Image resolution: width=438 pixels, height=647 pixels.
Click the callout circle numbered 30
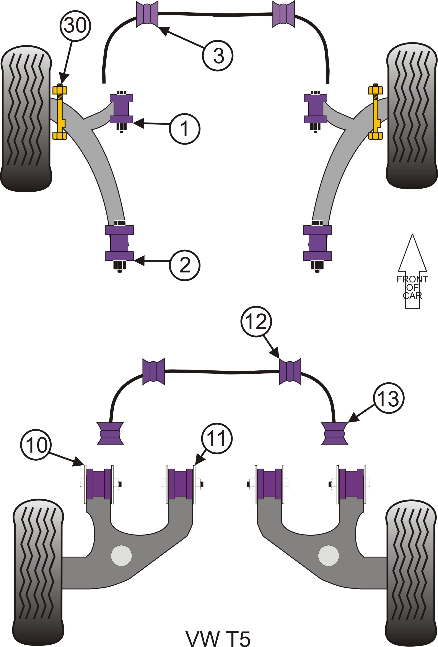tap(75, 26)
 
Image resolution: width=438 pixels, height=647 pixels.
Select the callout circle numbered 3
tap(217, 56)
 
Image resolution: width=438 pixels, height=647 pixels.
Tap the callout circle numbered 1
tap(185, 129)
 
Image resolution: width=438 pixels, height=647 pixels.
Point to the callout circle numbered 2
tap(185, 265)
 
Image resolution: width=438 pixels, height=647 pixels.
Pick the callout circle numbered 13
tap(388, 398)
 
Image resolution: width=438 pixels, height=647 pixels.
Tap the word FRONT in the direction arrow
tap(412, 279)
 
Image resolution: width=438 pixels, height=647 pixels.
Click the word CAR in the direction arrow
tap(412, 295)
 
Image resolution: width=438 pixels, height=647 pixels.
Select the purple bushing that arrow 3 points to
tap(147, 14)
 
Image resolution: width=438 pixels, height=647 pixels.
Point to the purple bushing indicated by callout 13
tap(334, 434)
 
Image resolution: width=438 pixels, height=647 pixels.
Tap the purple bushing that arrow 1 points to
tap(121, 109)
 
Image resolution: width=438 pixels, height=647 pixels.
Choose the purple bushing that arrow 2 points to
tap(119, 243)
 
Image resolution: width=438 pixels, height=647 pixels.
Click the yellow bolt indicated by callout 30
tap(60, 111)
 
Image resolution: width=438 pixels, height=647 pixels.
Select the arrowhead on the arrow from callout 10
tap(78, 462)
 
